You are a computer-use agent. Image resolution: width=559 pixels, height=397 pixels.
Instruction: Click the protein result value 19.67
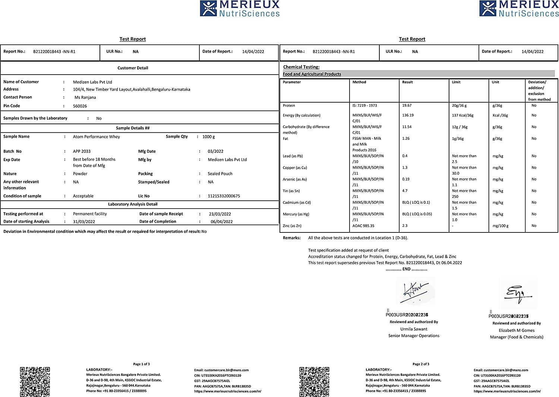click(x=407, y=106)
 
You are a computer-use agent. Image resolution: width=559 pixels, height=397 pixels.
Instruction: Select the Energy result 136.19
click(x=408, y=115)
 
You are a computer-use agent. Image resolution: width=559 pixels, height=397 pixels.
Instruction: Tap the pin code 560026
click(x=80, y=106)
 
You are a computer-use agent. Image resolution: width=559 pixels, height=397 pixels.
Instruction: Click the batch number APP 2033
click(x=82, y=151)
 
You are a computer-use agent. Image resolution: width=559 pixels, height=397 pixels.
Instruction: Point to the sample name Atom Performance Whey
click(x=96, y=137)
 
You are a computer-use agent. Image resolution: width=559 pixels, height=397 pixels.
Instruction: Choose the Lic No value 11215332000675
click(x=224, y=196)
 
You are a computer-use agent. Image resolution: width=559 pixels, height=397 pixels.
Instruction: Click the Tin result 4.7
click(x=405, y=191)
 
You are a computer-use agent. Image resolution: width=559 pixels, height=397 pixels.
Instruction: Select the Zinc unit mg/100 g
click(x=500, y=226)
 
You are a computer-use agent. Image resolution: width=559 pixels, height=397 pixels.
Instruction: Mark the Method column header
click(x=359, y=82)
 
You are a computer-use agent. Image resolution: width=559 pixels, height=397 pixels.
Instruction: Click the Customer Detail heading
click(x=133, y=68)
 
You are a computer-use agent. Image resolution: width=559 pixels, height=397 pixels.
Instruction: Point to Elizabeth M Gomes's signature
click(x=518, y=293)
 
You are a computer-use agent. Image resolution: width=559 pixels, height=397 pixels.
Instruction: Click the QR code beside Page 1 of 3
click(x=35, y=382)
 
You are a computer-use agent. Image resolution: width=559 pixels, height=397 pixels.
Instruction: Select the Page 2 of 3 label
click(x=421, y=364)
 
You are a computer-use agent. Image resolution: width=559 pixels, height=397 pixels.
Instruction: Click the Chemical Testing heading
click(x=301, y=67)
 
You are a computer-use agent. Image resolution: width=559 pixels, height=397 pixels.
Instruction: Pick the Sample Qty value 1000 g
click(x=208, y=137)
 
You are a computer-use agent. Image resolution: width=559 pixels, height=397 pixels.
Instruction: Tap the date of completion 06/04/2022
click(x=221, y=222)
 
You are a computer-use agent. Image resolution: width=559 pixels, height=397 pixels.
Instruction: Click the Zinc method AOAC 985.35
click(x=363, y=226)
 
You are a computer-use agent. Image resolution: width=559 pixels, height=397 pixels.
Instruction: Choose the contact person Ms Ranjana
click(x=85, y=97)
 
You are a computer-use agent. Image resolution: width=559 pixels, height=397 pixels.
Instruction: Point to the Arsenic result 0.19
click(x=406, y=179)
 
